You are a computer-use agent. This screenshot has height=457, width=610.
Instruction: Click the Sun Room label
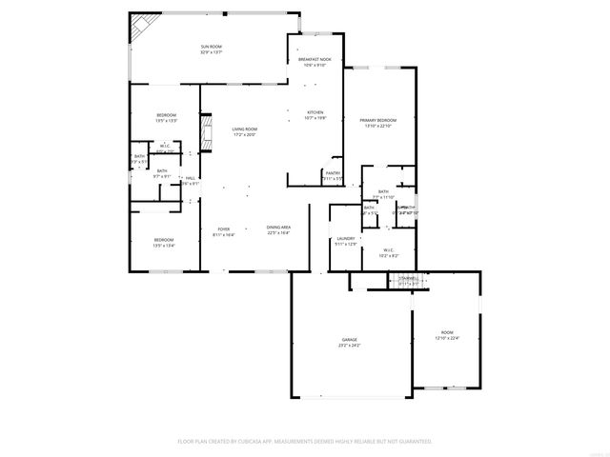coord(211,47)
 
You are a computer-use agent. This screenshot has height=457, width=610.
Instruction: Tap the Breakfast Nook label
coord(314,60)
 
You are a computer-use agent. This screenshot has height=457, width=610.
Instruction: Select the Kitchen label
coord(315,113)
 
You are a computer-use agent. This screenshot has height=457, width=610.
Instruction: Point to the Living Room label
coord(245,129)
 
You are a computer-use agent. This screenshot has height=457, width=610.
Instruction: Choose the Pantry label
coord(333,172)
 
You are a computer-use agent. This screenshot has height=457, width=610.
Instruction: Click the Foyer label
coord(224,228)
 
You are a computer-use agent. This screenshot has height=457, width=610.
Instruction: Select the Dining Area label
coord(278,228)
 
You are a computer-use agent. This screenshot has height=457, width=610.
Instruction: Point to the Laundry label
coord(345,239)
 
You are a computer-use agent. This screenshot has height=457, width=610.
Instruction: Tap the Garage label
coord(350,339)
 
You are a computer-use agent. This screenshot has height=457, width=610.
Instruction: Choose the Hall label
coord(191,178)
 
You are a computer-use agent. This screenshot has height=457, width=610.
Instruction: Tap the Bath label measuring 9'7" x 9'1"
coord(162,171)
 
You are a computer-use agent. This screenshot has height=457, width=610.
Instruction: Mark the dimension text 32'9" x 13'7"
coord(211,52)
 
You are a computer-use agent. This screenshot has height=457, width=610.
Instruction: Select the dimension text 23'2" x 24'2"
coord(350,345)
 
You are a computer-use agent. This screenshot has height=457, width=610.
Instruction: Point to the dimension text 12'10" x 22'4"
coord(447,338)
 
